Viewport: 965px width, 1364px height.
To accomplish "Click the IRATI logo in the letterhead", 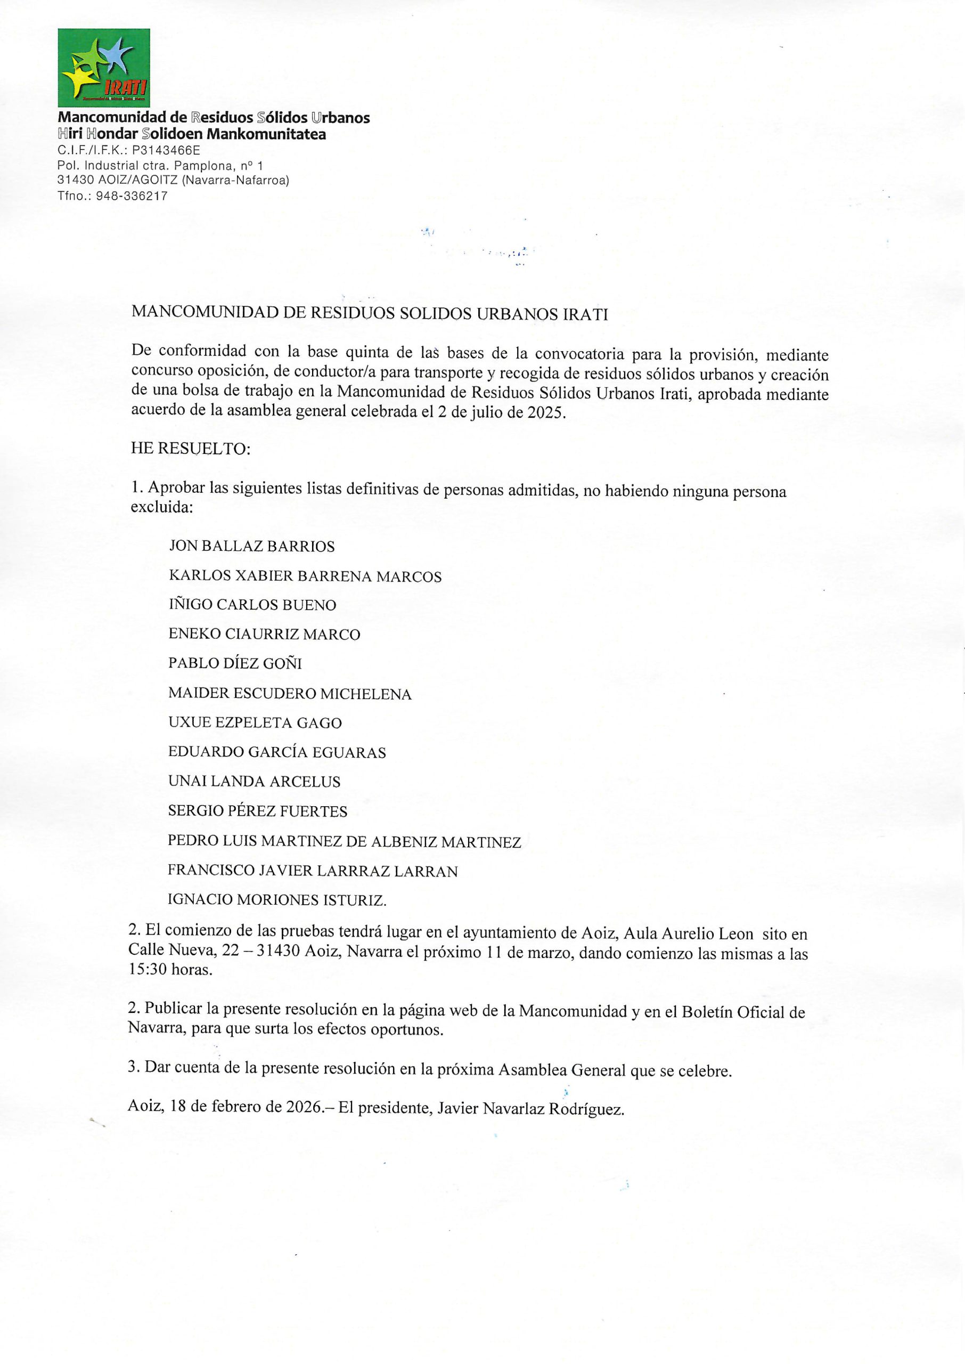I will pyautogui.click(x=103, y=67).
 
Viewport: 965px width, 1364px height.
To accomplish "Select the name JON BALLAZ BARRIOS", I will pyautogui.click(x=251, y=546).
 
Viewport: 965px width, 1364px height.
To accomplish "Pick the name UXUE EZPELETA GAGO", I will pyautogui.click(x=255, y=724).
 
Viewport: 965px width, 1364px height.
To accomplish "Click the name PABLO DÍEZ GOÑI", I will pyautogui.click(x=235, y=664).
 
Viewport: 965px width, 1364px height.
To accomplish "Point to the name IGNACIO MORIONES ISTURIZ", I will pyautogui.click(x=277, y=900).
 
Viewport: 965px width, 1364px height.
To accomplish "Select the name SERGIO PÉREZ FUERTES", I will pyautogui.click(x=257, y=811).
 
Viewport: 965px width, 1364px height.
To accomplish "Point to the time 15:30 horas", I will pyautogui.click(x=170, y=969).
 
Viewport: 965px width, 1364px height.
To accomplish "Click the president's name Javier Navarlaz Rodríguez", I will pyautogui.click(x=530, y=1108).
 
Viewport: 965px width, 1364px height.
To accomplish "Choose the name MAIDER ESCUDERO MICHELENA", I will pyautogui.click(x=289, y=694).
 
